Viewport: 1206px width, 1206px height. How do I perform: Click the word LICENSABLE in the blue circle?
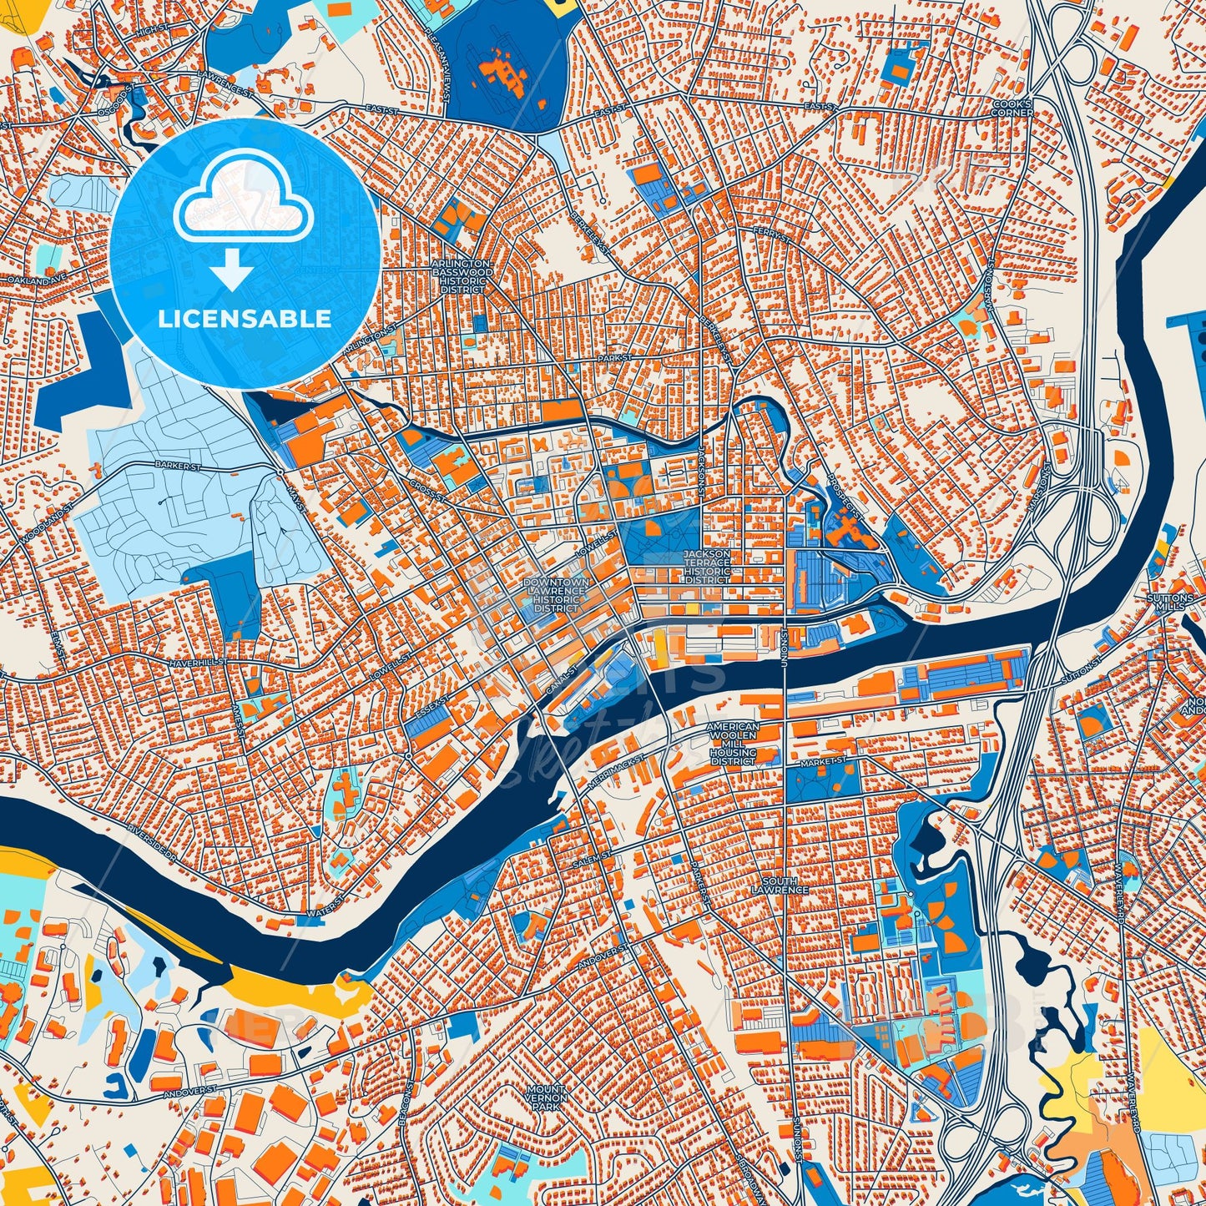coord(245,319)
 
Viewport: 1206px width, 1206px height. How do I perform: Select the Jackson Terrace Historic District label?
coord(707,566)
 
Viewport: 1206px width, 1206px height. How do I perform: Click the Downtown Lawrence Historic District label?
coord(556,595)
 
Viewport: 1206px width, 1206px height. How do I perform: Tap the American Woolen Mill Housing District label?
coord(733,744)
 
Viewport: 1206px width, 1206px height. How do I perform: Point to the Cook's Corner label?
coord(1012,108)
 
